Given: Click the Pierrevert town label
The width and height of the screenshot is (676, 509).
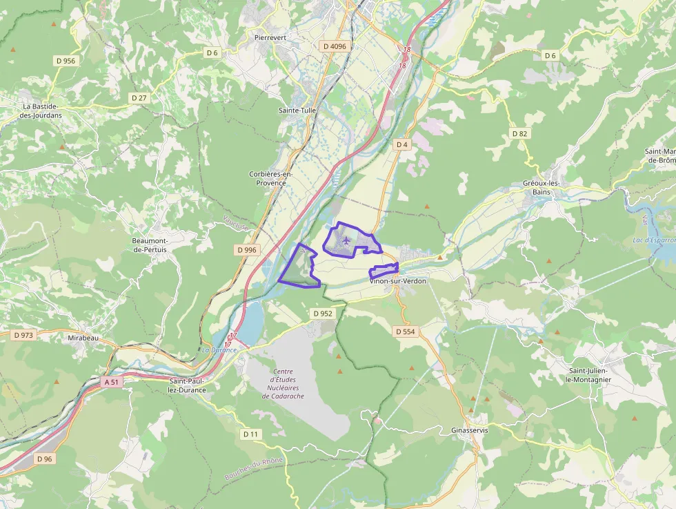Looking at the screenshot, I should pyautogui.click(x=270, y=37).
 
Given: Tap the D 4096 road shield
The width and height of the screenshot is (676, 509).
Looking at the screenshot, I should pyautogui.click(x=335, y=46).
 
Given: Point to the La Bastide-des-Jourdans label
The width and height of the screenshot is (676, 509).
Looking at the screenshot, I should pyautogui.click(x=41, y=111).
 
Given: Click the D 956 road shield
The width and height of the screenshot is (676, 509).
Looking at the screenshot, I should pyautogui.click(x=65, y=61).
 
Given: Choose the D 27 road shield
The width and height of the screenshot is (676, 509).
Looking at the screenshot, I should pyautogui.click(x=139, y=98).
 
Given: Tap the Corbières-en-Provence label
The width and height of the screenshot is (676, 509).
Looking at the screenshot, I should pyautogui.click(x=271, y=178).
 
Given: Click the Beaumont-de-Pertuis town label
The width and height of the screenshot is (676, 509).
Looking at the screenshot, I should pyautogui.click(x=155, y=244).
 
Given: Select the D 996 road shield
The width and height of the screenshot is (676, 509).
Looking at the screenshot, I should pyautogui.click(x=246, y=249).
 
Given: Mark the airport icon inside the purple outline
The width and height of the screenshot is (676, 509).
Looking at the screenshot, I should pyautogui.click(x=346, y=241).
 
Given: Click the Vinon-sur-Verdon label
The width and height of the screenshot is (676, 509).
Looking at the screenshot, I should pyautogui.click(x=398, y=281).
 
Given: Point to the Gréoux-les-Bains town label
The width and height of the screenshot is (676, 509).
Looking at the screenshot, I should pyautogui.click(x=541, y=188).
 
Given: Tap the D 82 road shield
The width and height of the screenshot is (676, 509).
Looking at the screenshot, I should pyautogui.click(x=519, y=133).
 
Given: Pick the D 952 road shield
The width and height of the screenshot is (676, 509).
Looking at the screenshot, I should pyautogui.click(x=322, y=313).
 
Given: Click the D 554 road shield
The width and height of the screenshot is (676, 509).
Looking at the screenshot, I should pyautogui.click(x=406, y=332).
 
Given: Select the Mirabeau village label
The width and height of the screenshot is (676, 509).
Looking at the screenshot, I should pyautogui.click(x=84, y=338).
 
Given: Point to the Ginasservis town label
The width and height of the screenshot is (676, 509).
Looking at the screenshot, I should pyautogui.click(x=468, y=430).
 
